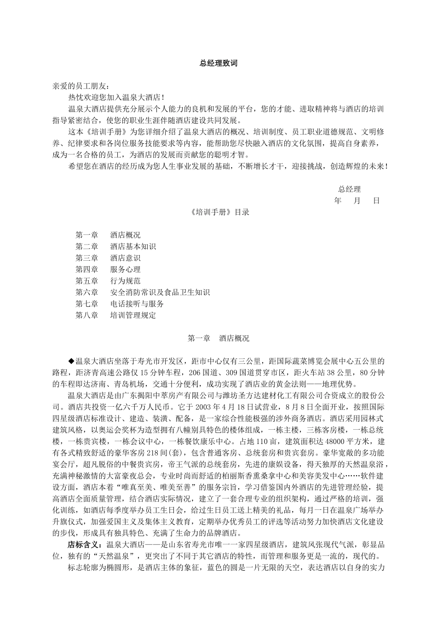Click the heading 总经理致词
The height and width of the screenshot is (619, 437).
(x=218, y=64)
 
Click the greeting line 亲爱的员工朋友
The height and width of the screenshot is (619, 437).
(x=81, y=86)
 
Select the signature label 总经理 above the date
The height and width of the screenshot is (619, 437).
(x=350, y=189)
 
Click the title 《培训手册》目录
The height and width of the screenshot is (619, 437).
(x=219, y=212)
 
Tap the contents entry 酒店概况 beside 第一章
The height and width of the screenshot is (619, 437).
(x=126, y=235)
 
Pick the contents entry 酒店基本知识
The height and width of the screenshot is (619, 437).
(x=133, y=247)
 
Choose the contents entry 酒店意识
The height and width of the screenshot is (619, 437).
(x=126, y=258)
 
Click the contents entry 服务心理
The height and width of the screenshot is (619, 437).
(x=126, y=270)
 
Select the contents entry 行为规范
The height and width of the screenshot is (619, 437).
(x=126, y=281)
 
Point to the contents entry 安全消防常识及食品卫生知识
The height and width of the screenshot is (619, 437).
(x=160, y=292)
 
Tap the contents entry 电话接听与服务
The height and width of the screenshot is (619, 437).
(x=137, y=304)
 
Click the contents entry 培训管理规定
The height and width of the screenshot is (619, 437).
(x=133, y=315)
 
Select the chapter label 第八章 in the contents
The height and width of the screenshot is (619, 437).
(x=87, y=315)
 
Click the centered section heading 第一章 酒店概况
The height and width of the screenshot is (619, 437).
(x=218, y=339)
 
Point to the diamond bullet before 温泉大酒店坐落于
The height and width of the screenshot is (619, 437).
(x=71, y=361)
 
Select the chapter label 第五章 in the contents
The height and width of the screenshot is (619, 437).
(x=87, y=281)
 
